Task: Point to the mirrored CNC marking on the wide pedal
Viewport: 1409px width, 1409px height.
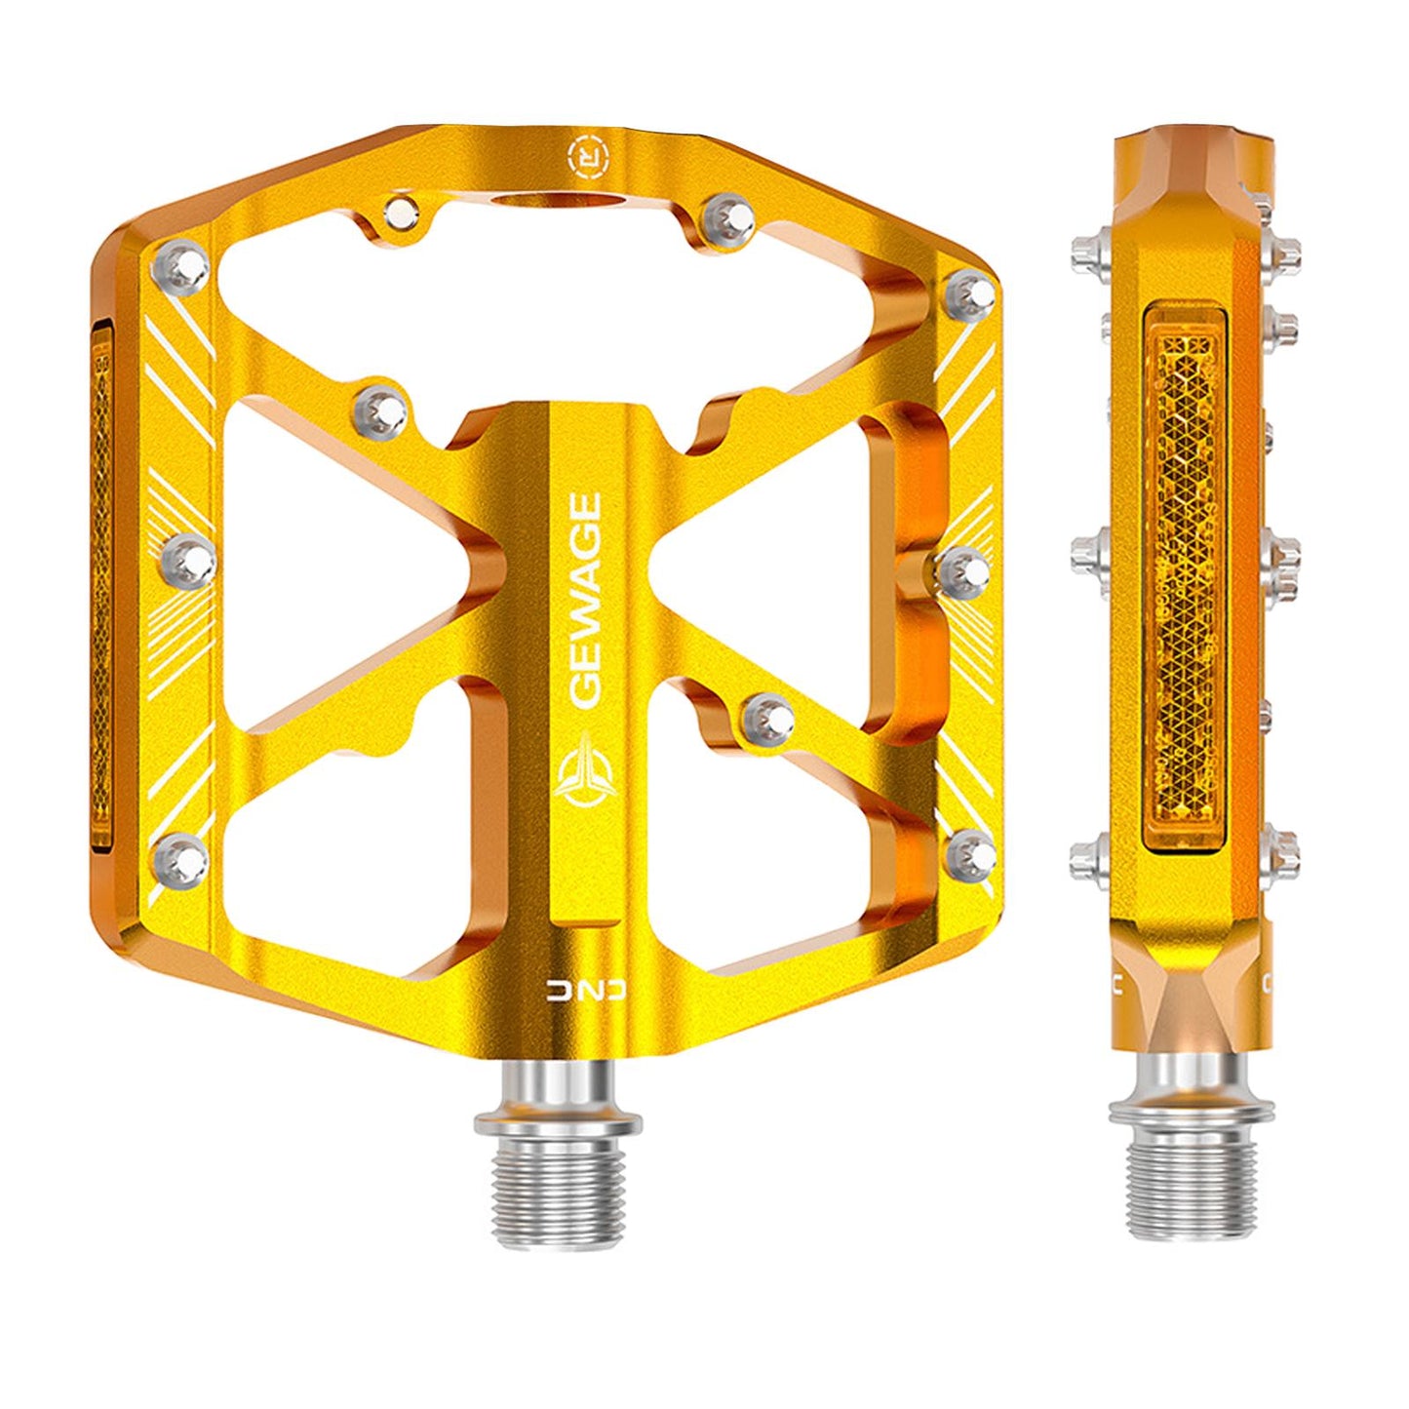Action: click(x=587, y=991)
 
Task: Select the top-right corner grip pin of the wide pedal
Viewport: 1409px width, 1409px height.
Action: click(x=970, y=291)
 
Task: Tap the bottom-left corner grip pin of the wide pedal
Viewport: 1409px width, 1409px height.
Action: click(x=181, y=856)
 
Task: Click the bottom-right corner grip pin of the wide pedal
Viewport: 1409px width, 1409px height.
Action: click(x=971, y=853)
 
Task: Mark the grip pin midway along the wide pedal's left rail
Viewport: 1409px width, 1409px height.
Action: click(x=186, y=560)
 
